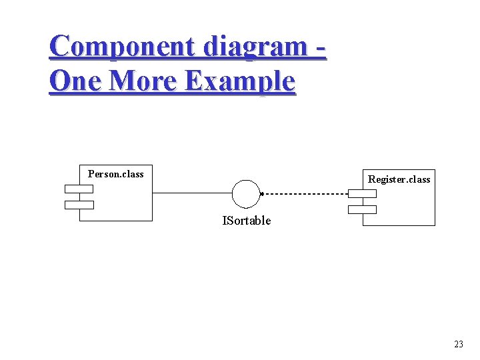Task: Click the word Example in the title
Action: [239, 81]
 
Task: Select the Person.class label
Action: [116, 174]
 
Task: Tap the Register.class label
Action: [399, 179]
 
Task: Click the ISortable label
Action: [247, 221]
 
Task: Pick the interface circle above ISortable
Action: [245, 193]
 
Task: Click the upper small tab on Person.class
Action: [79, 189]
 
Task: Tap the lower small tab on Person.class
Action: [79, 205]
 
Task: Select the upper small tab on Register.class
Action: [362, 194]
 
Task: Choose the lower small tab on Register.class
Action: [362, 209]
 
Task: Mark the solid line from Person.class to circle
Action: [192, 193]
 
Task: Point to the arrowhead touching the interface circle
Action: [262, 194]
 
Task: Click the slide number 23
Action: [458, 344]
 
